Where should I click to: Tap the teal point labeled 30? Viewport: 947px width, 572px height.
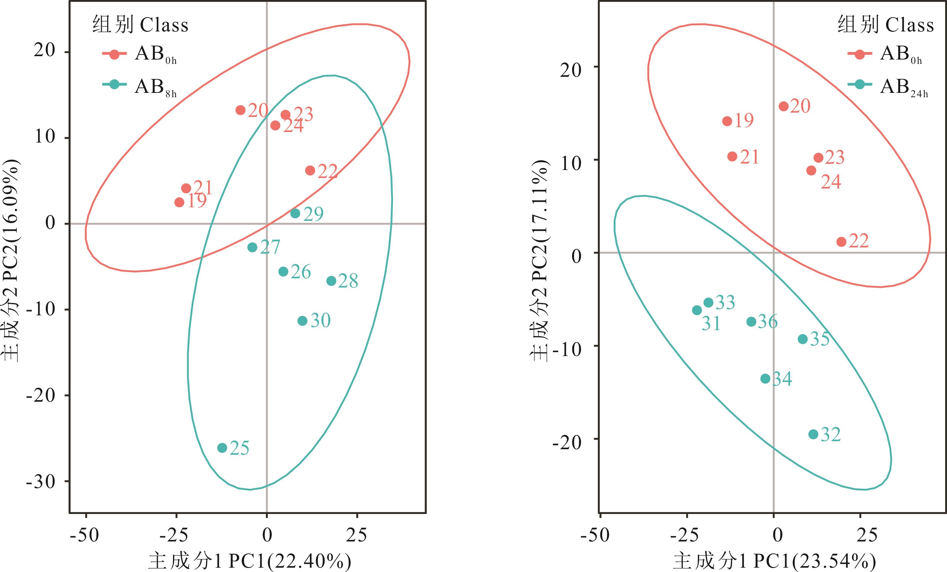coord(303,321)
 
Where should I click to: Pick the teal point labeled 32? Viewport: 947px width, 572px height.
coord(813,434)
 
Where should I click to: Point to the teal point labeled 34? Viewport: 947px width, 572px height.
coord(766,379)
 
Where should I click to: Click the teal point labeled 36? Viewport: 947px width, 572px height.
coord(751,322)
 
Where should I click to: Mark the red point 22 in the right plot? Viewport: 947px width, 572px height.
coord(841,242)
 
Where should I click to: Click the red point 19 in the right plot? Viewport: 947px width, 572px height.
coord(727,121)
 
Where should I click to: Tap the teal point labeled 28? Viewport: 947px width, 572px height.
coord(331,281)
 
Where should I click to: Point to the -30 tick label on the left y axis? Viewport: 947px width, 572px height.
coord(41,482)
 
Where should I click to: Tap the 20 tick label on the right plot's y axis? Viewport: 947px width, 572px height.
coord(571,70)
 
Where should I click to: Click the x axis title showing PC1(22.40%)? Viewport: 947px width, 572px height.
coord(250,562)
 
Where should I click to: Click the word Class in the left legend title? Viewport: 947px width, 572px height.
coord(164,25)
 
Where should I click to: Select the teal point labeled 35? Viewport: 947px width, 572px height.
coord(802,339)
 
